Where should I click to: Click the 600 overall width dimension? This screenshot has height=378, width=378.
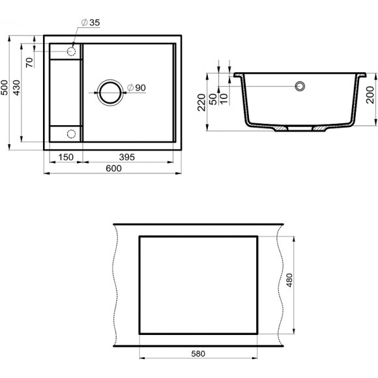pos(113,168)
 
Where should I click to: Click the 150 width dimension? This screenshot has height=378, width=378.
pos(65,157)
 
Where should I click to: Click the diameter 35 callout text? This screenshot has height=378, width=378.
pos(91,23)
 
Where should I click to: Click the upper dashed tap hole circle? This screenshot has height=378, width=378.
pos(72,50)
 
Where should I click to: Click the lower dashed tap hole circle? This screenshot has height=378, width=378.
pos(72,134)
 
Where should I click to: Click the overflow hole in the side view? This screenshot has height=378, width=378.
pos(300,86)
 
